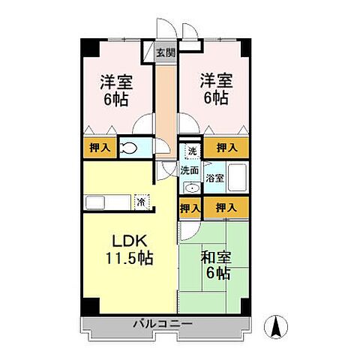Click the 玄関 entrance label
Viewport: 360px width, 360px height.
click(x=165, y=52)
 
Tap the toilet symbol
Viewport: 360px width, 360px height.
click(x=129, y=148)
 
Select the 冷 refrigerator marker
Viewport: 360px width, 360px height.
click(x=140, y=201)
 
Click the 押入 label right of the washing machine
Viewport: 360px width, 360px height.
click(x=226, y=148)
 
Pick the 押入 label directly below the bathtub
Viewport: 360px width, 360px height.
click(x=226, y=207)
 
